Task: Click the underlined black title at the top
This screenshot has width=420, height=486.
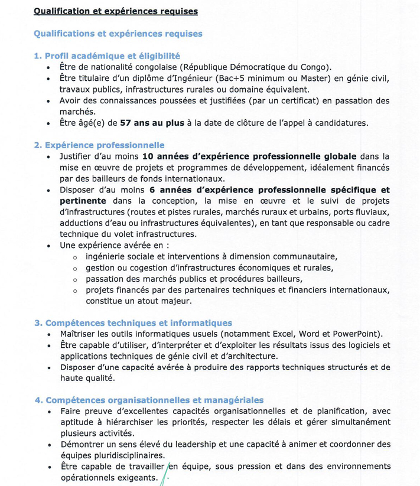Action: click(115, 11)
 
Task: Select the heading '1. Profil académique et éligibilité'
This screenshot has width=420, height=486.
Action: click(107, 56)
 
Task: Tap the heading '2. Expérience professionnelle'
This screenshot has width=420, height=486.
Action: click(99, 145)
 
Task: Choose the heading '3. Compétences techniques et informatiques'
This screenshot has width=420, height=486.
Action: click(133, 322)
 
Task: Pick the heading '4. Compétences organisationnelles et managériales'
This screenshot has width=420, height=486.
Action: click(149, 400)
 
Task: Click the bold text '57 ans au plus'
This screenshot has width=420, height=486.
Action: click(150, 123)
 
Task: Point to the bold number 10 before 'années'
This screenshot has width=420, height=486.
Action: click(148, 156)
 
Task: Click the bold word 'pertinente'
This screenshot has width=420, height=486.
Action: click(83, 201)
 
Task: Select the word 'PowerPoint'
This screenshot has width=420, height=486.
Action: click(357, 334)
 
